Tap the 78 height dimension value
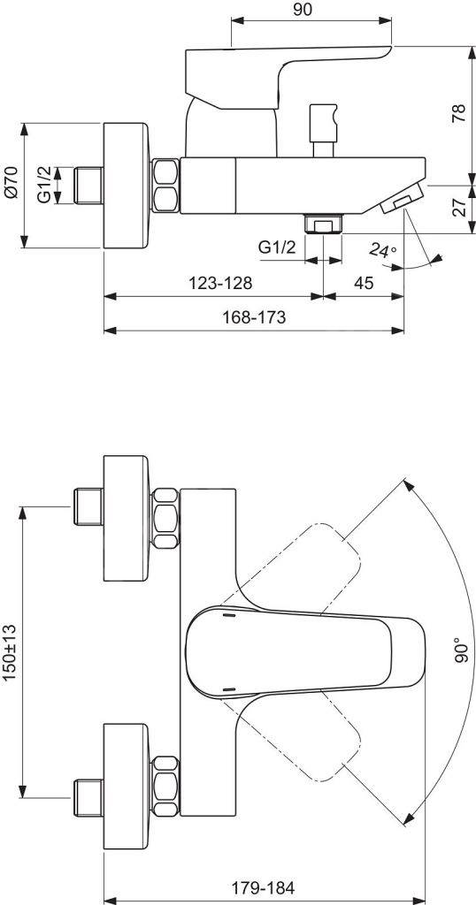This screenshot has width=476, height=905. (459, 113)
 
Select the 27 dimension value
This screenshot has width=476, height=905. (459, 207)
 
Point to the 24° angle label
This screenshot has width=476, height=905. (384, 250)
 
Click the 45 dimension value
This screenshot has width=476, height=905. (363, 283)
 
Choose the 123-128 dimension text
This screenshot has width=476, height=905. (221, 283)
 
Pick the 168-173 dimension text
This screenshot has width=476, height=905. (254, 317)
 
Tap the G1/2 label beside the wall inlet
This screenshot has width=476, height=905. (45, 185)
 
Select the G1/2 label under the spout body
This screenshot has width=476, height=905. (277, 247)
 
